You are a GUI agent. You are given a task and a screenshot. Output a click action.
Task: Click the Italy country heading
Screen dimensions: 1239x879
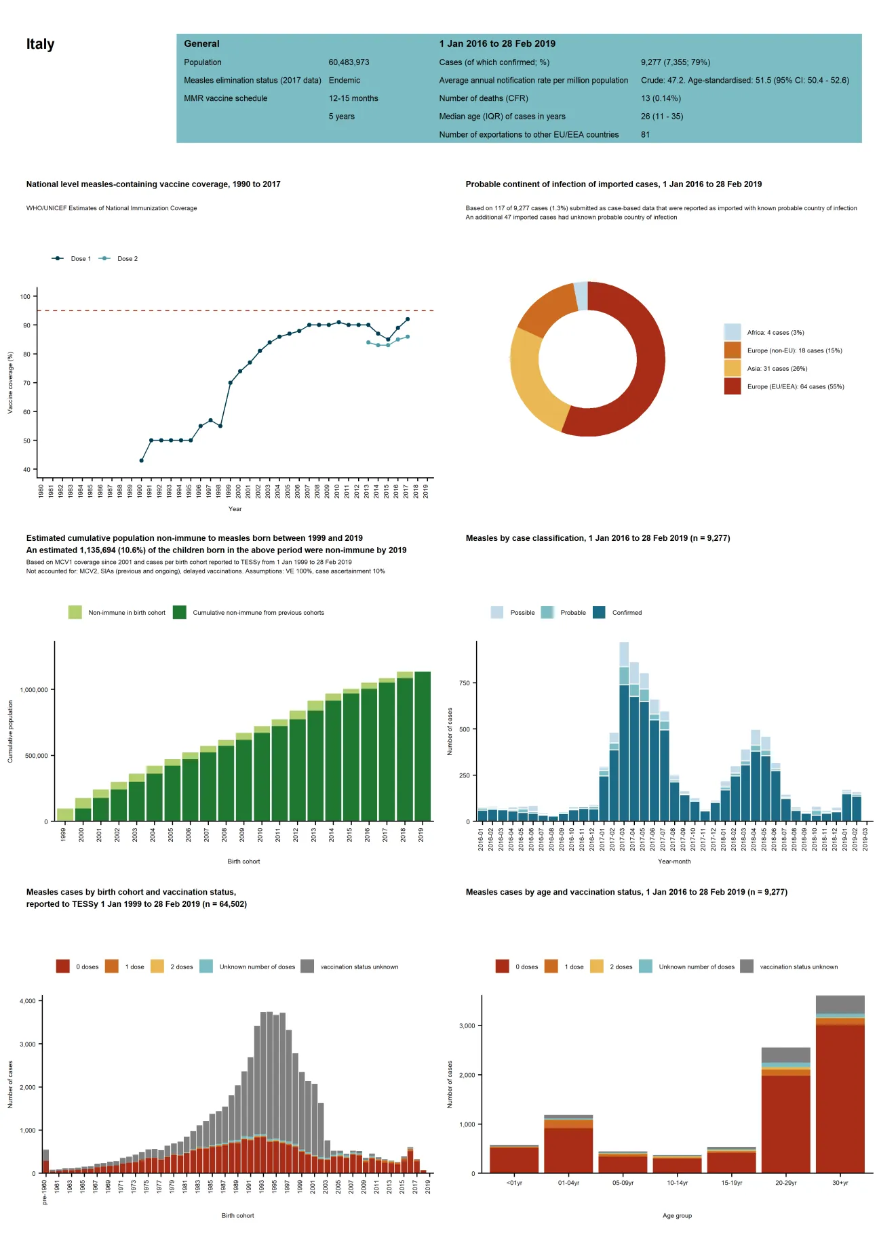coord(40,44)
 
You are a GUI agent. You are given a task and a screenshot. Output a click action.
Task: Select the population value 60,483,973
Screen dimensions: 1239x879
coord(349,62)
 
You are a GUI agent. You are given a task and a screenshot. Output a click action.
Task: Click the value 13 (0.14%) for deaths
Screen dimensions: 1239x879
coord(661,98)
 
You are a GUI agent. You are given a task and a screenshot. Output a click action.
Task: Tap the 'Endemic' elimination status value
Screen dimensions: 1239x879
coord(344,80)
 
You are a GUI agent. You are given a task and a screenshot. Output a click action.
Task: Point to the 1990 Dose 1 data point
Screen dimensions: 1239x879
coord(141,461)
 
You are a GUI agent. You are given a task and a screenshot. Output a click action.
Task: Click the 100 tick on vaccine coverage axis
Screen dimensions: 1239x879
coord(25,297)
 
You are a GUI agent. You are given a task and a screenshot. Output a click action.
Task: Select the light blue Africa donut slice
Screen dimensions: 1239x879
coord(581,296)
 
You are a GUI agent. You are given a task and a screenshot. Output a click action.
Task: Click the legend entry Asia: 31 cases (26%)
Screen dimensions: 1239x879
coord(777,369)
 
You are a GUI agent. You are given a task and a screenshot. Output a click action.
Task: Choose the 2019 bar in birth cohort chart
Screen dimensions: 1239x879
coord(422,746)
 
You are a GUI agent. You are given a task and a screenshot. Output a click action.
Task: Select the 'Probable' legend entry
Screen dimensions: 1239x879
coord(572,613)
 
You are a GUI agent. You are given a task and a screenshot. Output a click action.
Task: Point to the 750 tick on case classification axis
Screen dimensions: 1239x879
coord(465,683)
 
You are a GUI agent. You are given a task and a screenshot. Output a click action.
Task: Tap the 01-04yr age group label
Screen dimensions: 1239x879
coord(568,1183)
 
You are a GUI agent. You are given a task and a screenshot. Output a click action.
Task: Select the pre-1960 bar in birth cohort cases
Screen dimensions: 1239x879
coord(45,1163)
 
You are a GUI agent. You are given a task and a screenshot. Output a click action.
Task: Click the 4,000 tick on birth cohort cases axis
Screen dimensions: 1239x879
coord(27,1001)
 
